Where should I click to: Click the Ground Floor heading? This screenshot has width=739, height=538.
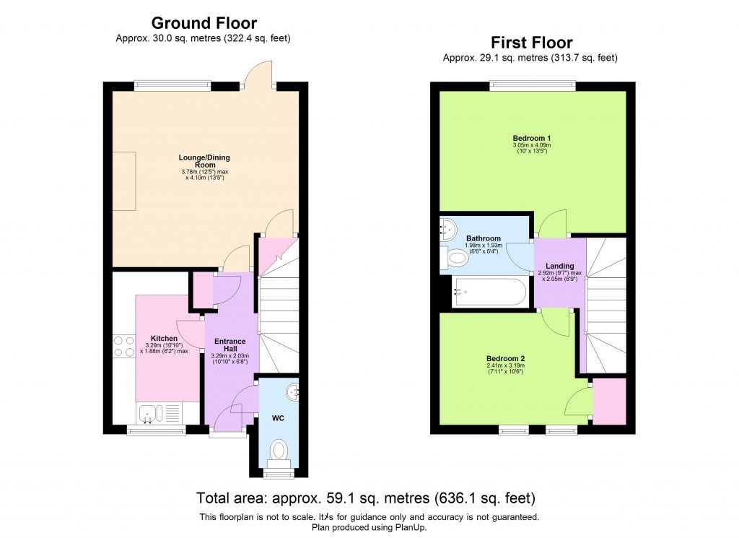(x=204, y=24)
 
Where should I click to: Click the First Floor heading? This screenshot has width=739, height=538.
(x=531, y=42)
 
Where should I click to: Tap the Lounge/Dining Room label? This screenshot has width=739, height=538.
(x=204, y=160)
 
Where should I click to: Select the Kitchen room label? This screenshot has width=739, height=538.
(x=165, y=338)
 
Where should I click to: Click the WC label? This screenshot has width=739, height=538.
(x=278, y=418)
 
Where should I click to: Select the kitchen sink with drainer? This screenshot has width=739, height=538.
(x=158, y=413)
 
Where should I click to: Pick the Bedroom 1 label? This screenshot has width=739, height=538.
(x=532, y=138)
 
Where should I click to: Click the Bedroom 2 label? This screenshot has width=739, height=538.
(x=505, y=359)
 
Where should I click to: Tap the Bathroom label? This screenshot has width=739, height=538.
(x=483, y=238)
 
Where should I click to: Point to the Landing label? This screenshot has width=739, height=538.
(x=560, y=266)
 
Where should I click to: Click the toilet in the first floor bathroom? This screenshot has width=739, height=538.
(x=456, y=257)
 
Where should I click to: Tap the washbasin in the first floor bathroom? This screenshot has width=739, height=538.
(x=448, y=228)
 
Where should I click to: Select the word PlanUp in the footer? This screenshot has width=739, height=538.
(x=408, y=527)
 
